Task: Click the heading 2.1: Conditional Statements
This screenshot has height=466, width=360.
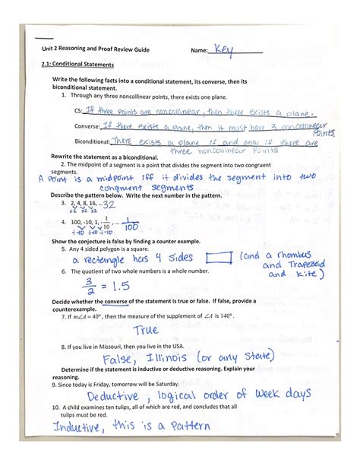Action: (x=77, y=65)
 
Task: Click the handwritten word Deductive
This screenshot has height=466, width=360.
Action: (x=112, y=396)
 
